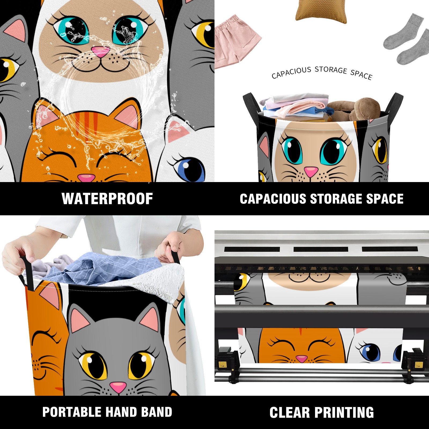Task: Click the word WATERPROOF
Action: [x=107, y=199]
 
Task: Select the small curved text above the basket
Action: [x=322, y=72]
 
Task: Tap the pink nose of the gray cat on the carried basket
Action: [x=118, y=387]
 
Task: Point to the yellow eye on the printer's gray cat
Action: [x=241, y=282]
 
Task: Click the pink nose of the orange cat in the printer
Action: [x=302, y=359]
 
